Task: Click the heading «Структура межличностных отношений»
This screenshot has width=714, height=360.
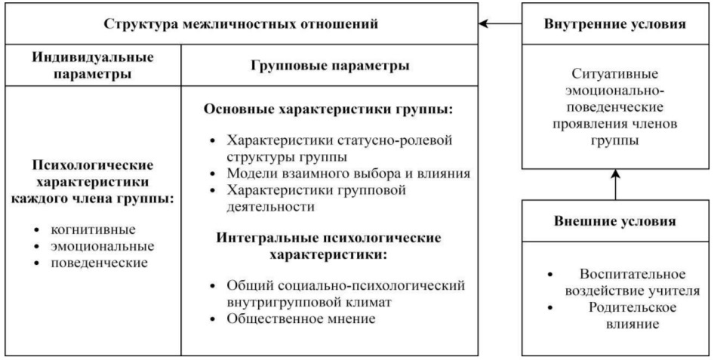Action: coord(241,24)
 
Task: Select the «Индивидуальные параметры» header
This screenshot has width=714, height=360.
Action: coord(91,66)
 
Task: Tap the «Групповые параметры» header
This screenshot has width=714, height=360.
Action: coord(329,66)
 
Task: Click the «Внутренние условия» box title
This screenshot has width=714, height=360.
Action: coord(614,24)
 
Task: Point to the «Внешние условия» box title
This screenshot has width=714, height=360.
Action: coord(614,222)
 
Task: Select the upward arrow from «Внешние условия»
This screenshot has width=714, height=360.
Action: coord(615,185)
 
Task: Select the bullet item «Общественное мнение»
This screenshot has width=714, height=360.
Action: coord(301,318)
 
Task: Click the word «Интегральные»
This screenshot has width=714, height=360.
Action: coord(265,237)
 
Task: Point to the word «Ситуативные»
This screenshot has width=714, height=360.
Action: coord(615,75)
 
